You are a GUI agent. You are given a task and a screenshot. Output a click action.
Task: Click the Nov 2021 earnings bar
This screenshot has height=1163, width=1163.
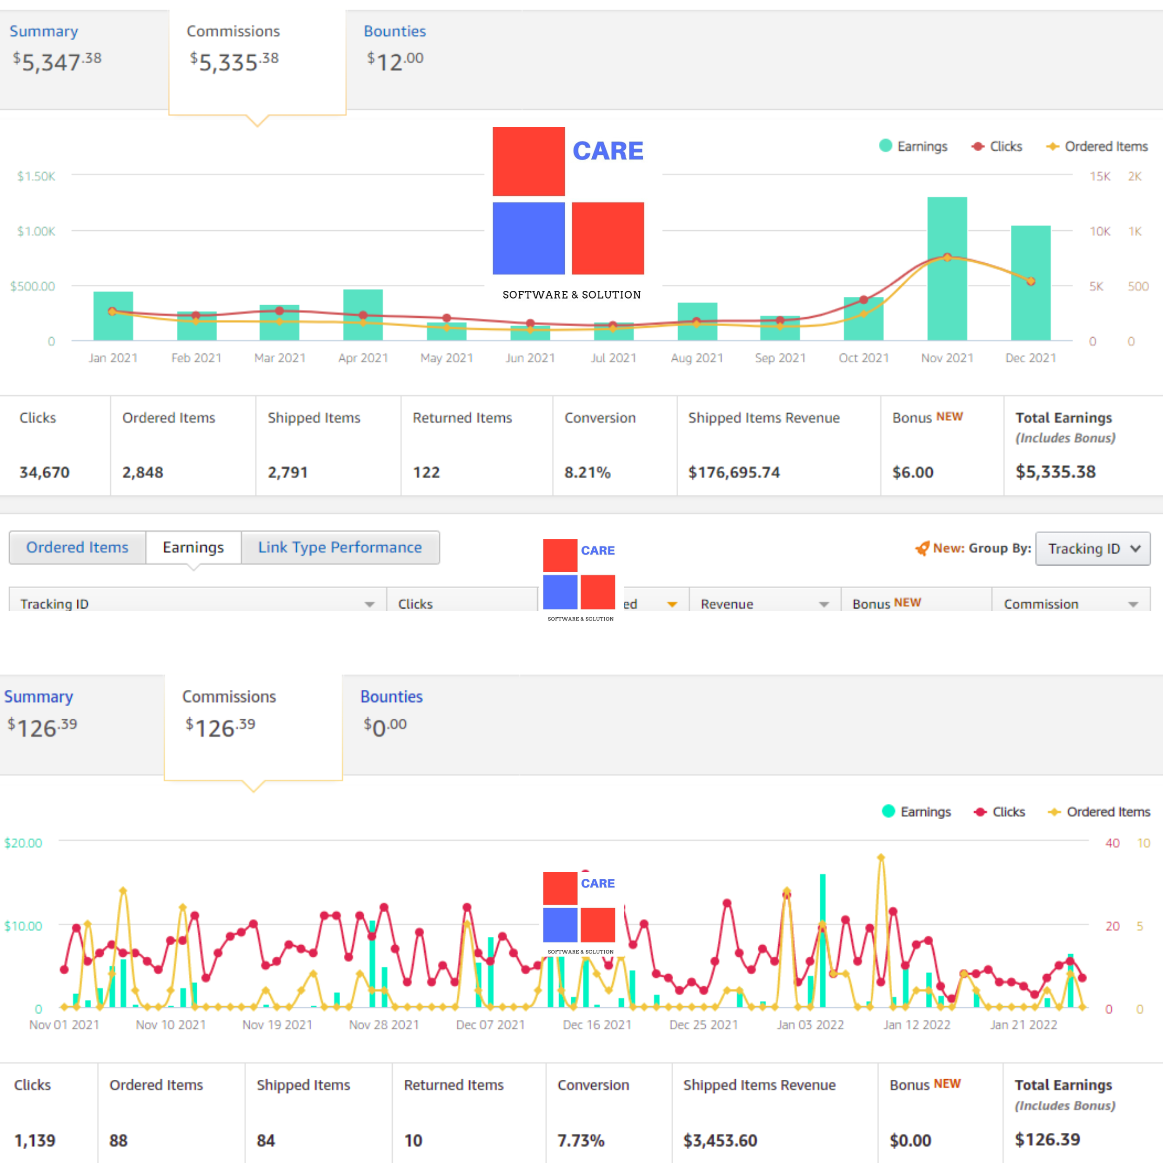[x=947, y=268]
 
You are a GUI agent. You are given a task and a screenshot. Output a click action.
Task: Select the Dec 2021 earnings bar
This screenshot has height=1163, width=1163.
[x=1030, y=283]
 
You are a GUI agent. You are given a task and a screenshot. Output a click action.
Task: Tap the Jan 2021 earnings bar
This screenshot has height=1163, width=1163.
[x=113, y=316]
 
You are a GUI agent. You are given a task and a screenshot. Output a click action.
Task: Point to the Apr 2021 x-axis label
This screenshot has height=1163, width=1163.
[x=363, y=358]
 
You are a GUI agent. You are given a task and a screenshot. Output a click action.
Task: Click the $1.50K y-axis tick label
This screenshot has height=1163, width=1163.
[x=36, y=176]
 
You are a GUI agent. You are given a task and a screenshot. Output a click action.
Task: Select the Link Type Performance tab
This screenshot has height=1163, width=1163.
[x=340, y=547]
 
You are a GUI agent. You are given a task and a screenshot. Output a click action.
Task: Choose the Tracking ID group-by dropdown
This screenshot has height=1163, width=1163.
[x=1093, y=548]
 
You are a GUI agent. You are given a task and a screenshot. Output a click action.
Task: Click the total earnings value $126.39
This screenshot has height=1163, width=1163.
[x=1048, y=1140]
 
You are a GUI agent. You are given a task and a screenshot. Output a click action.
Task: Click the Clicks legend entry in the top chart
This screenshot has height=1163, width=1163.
[x=997, y=146]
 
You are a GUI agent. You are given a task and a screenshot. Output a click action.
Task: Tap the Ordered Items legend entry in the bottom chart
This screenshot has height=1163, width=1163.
[x=1099, y=812]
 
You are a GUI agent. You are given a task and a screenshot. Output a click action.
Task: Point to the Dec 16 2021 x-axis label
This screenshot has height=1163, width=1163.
[x=597, y=1024]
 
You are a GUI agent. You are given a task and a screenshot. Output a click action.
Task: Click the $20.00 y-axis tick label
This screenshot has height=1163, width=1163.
[x=23, y=843]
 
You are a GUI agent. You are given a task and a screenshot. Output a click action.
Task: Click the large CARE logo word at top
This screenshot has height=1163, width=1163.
[x=608, y=150]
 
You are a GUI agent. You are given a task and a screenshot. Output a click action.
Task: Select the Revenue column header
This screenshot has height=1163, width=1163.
[x=727, y=604]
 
